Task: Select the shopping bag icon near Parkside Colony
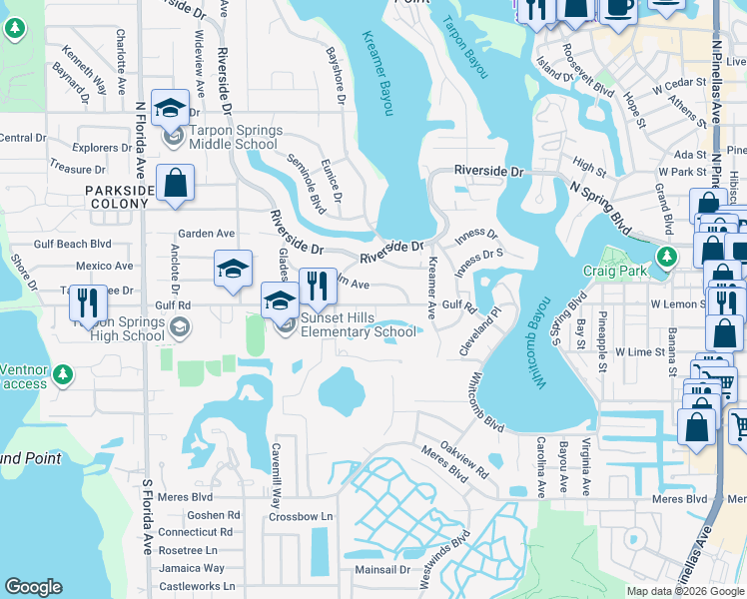click(175, 184)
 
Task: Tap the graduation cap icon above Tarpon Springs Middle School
click(170, 107)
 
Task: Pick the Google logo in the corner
click(34, 587)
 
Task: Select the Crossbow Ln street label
click(300, 516)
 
